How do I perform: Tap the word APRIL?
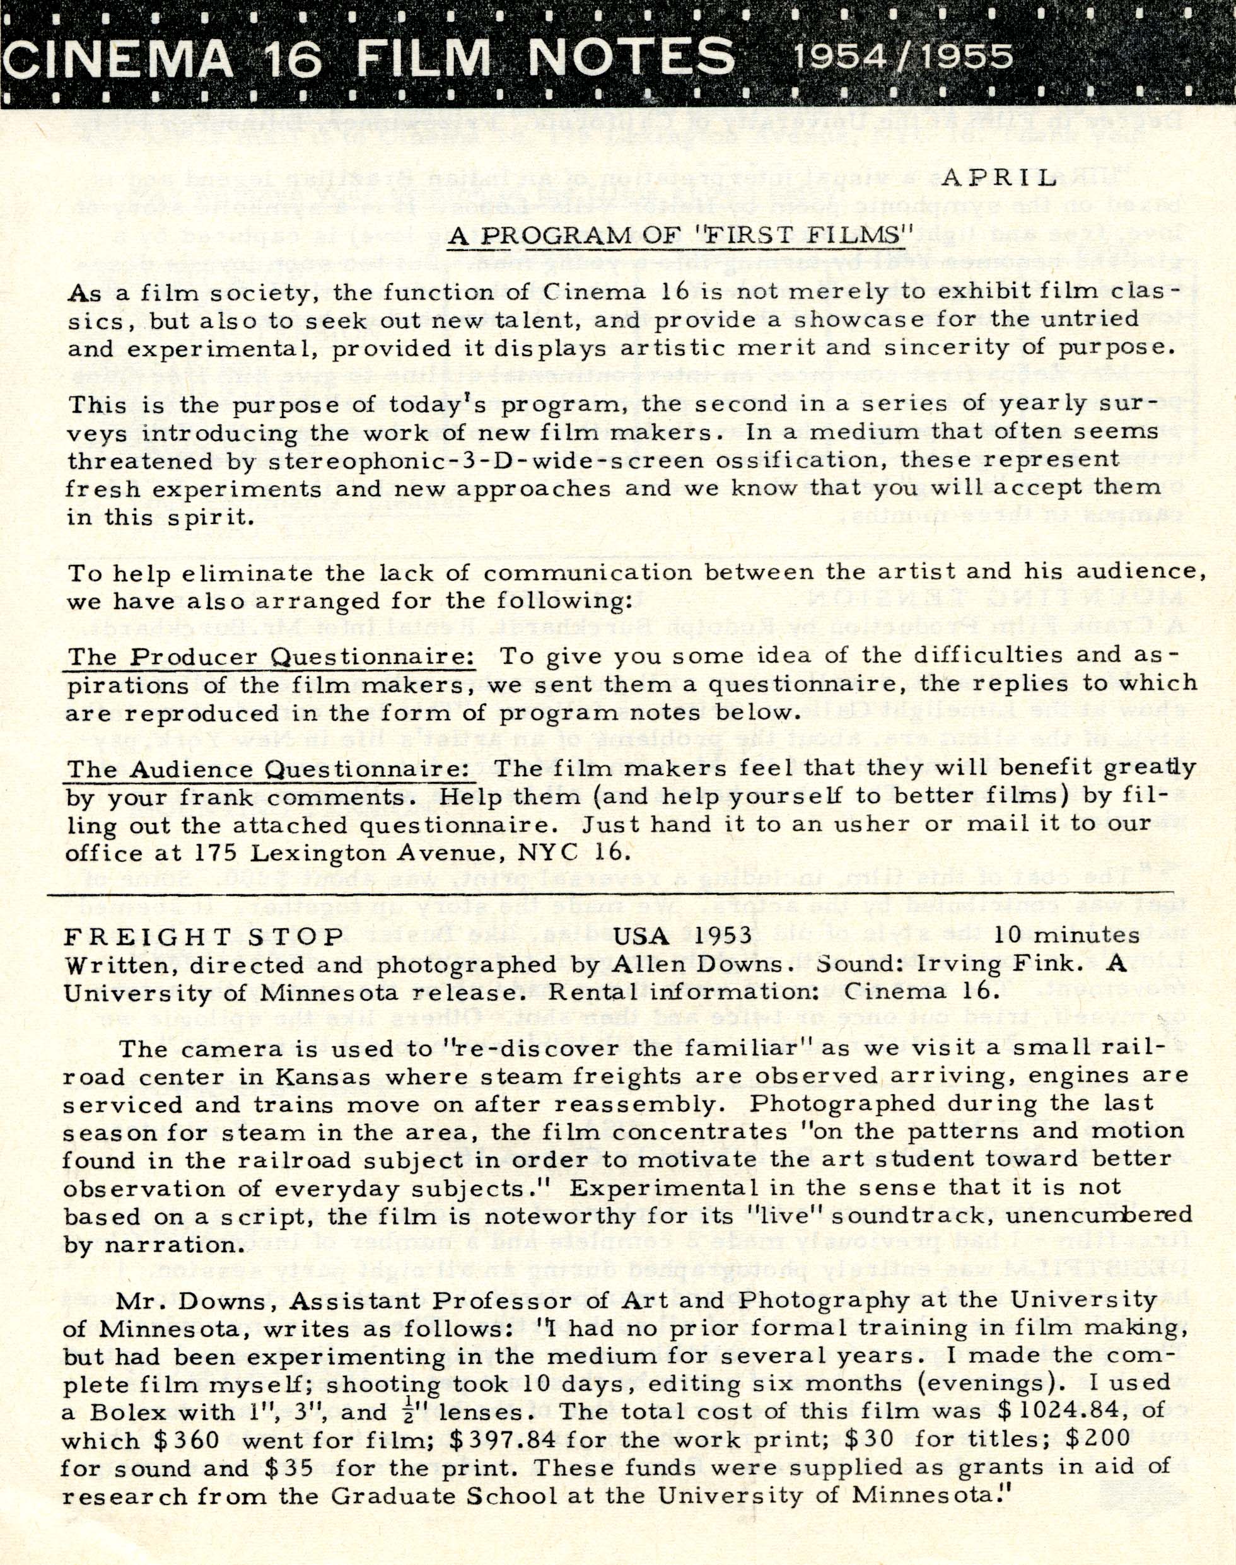1001,178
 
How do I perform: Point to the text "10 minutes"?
1066,936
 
